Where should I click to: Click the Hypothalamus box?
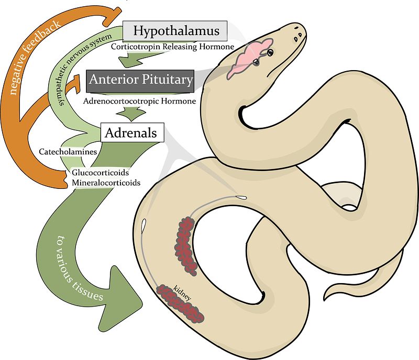(x=175, y=31)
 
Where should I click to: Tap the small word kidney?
(x=183, y=292)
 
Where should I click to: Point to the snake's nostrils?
(x=299, y=35)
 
